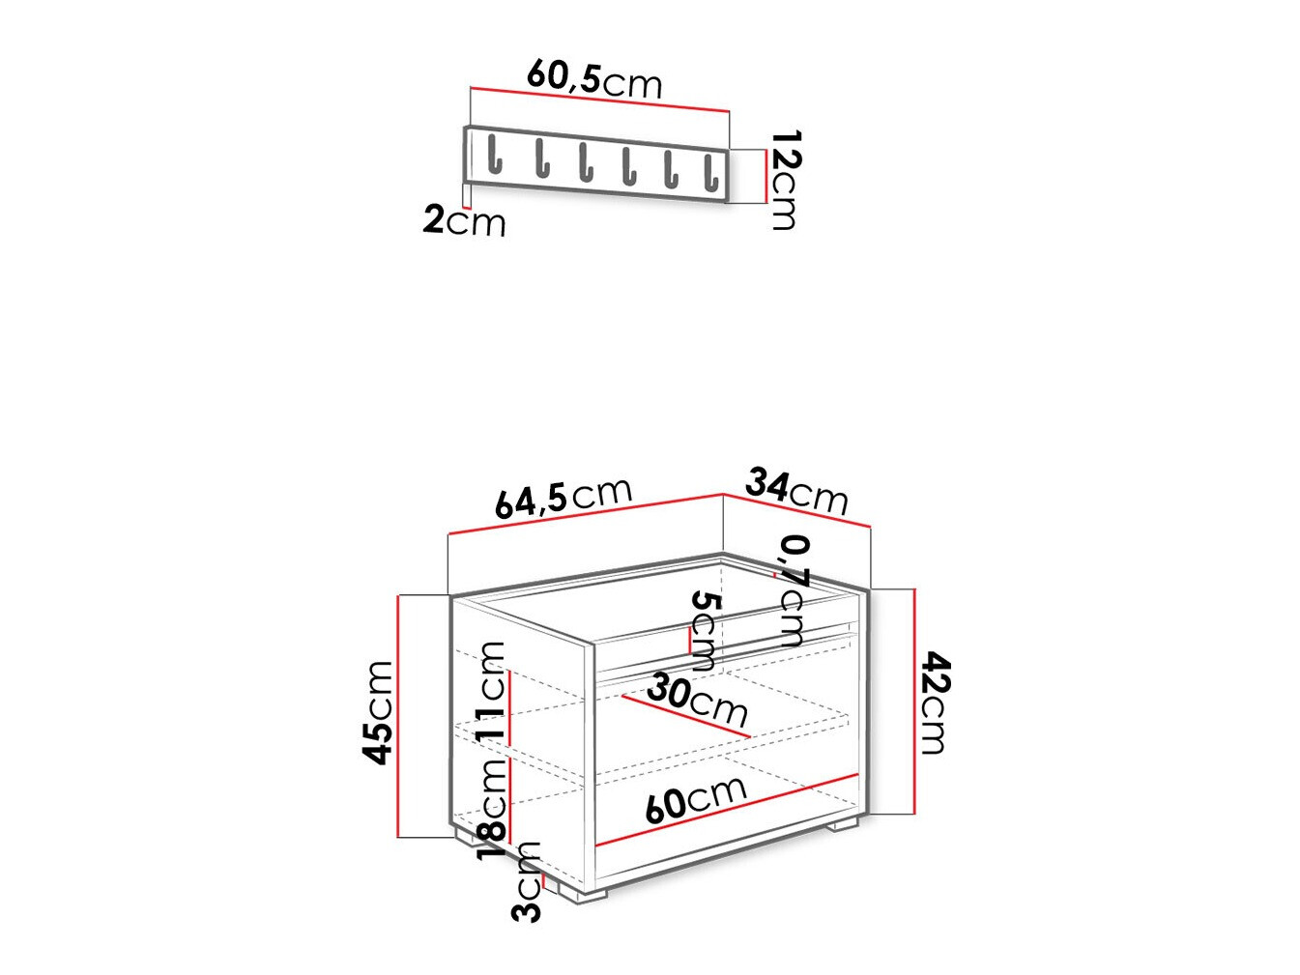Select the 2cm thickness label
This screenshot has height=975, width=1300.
coord(464,221)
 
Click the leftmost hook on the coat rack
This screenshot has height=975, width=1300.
coord(495,156)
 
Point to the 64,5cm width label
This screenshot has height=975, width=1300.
coord(563,498)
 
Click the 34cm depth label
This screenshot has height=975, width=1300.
coord(796,491)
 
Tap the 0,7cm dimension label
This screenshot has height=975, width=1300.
coord(793,589)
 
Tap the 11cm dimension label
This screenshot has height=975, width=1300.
coord(492,690)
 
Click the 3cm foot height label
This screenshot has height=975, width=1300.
coord(529,881)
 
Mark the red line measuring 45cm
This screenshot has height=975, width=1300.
coord(398,715)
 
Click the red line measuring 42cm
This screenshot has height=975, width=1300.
coord(913,701)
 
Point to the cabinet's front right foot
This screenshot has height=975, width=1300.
coord(841,825)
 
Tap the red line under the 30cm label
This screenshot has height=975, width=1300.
coord(686,716)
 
